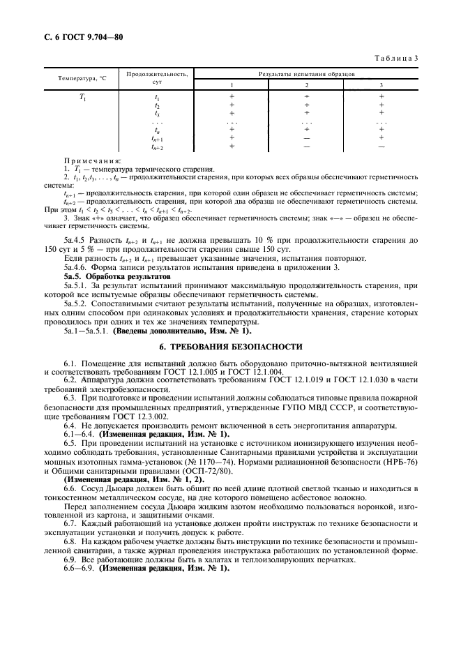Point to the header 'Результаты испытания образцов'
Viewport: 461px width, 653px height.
pos(307,72)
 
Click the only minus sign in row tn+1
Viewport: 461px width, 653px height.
pos(307,138)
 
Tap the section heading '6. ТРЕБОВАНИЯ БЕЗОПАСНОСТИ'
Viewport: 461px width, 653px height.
pos(230,345)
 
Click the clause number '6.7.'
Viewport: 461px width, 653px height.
pos(74,523)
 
